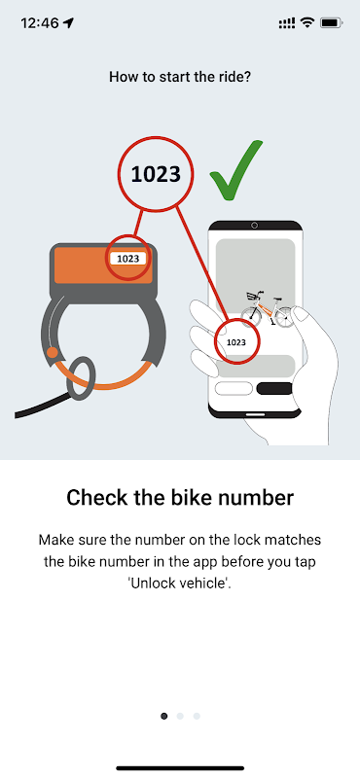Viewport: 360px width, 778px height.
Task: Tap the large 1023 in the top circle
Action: [156, 174]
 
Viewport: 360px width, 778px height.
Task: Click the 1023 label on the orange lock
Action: [128, 259]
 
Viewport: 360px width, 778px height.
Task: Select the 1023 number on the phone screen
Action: [235, 342]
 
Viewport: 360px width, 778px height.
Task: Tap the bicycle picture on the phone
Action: [268, 309]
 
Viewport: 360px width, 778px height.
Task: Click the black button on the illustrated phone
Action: [274, 388]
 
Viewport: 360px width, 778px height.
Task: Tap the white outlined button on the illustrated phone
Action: [234, 388]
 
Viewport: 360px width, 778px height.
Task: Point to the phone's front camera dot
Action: [255, 226]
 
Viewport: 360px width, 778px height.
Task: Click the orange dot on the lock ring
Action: [53, 353]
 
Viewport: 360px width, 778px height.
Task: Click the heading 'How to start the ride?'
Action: [180, 77]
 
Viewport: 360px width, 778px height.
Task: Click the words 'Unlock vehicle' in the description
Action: [180, 583]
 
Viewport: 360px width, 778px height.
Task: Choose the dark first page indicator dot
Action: [164, 716]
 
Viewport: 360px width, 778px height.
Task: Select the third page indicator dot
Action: [197, 716]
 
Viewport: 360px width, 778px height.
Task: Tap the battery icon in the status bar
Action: [331, 22]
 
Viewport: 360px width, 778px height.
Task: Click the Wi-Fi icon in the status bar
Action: [307, 22]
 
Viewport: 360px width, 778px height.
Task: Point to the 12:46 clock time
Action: [40, 22]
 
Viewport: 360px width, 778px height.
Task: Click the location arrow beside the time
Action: [68, 22]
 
